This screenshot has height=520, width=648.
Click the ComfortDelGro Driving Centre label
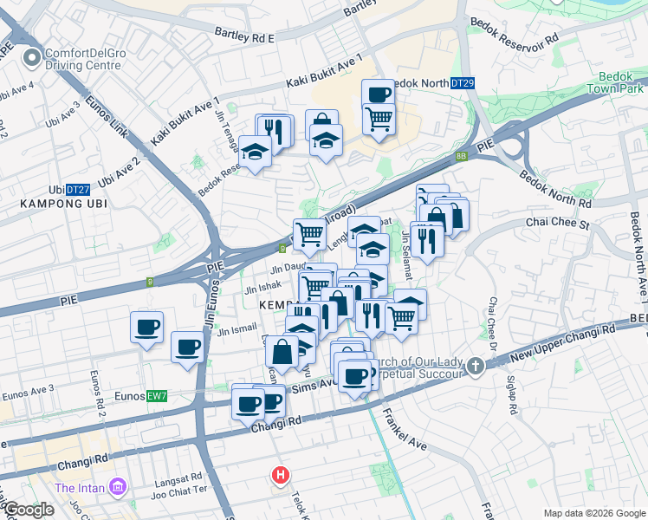(x=82, y=59)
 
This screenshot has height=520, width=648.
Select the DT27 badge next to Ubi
(x=78, y=190)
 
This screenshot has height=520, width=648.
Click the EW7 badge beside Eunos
(x=157, y=396)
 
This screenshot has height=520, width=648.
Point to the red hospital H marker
(x=281, y=475)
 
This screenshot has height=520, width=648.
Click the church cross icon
(x=476, y=367)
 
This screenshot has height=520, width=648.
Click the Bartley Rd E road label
(x=244, y=36)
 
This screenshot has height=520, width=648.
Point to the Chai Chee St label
(x=558, y=223)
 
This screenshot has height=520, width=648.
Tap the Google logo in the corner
(x=28, y=510)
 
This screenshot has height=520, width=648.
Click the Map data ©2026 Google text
(x=594, y=513)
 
